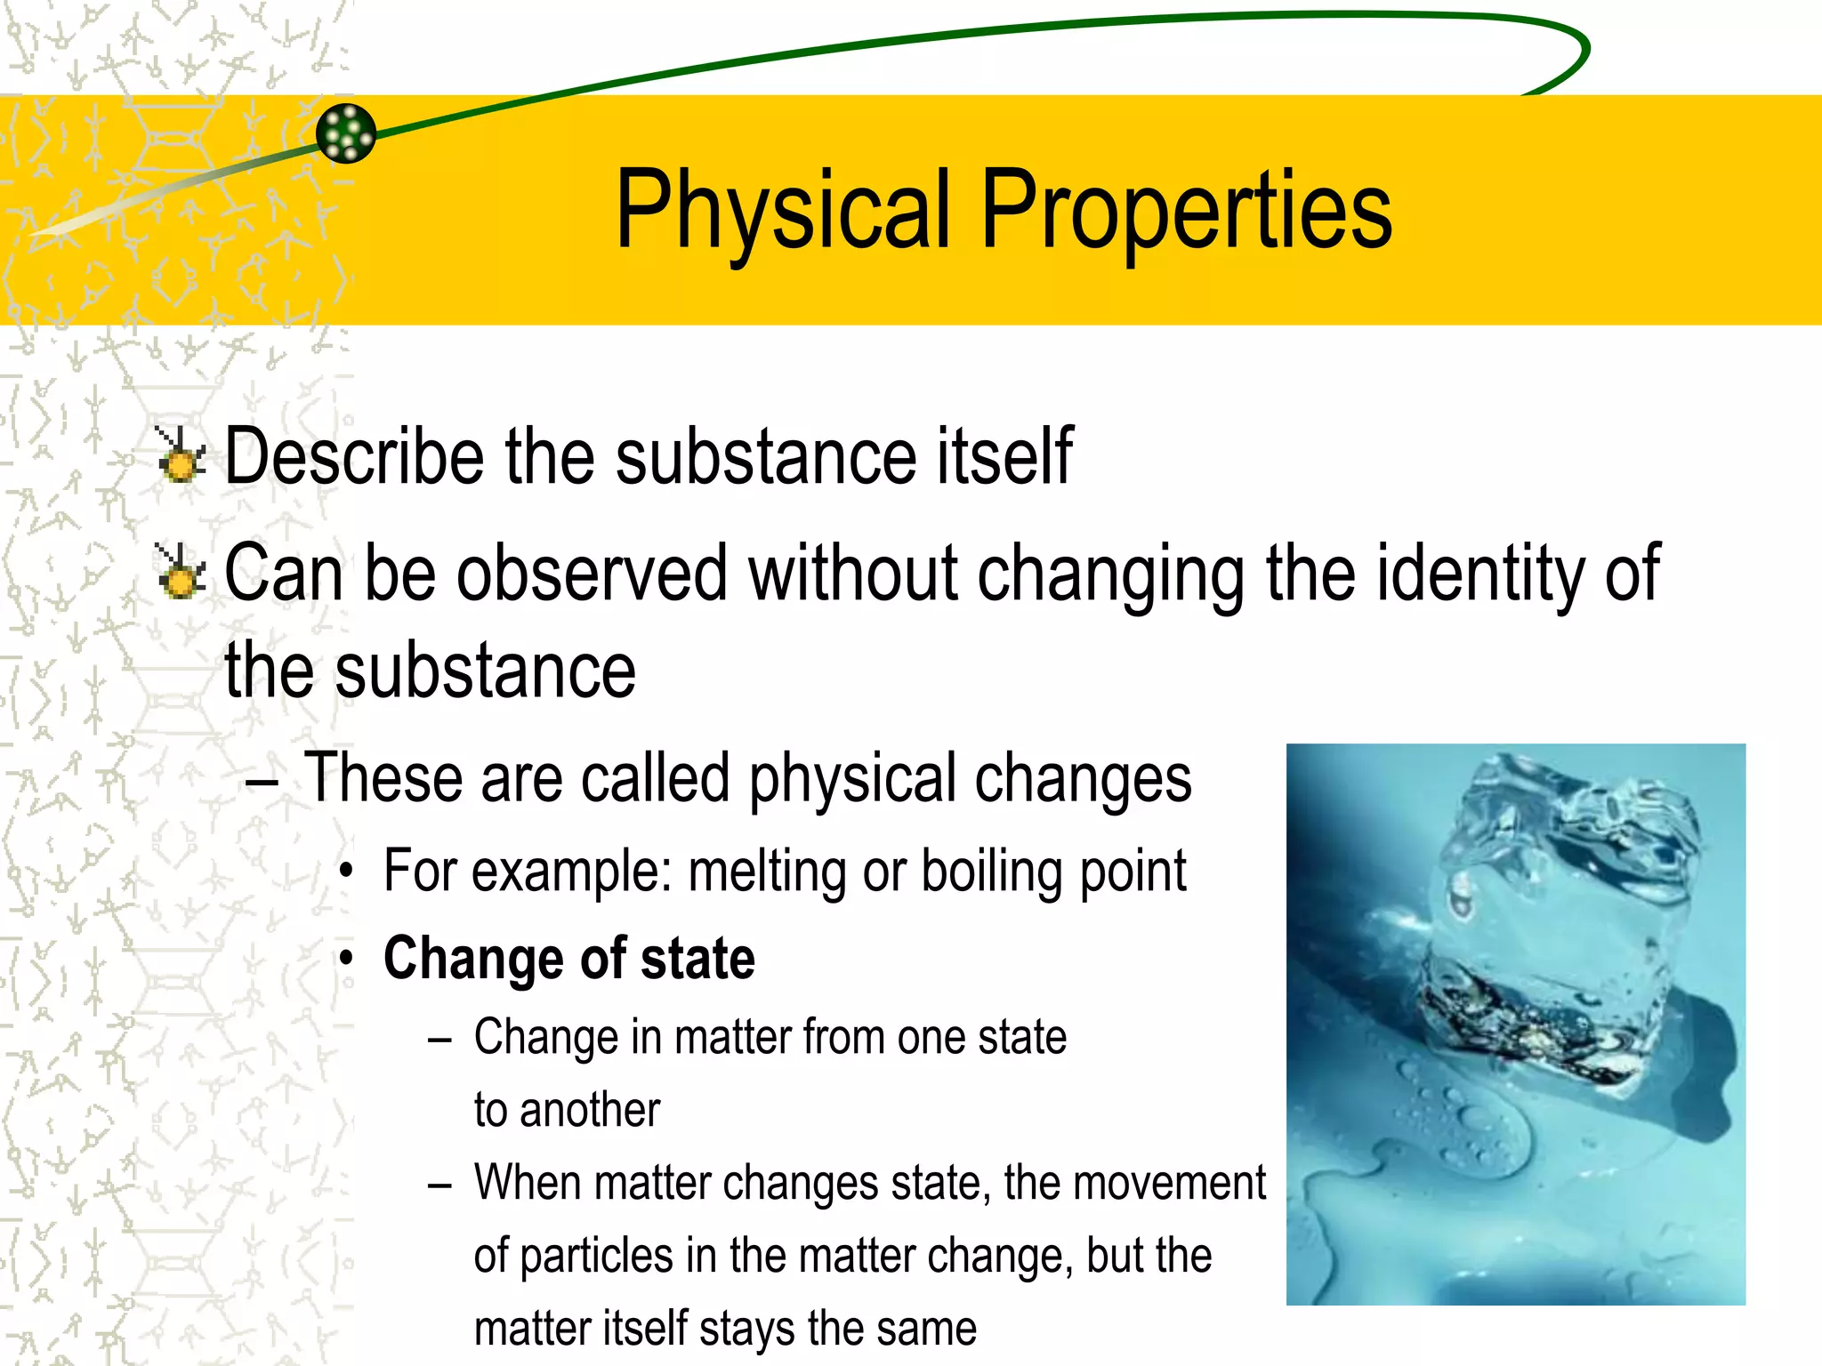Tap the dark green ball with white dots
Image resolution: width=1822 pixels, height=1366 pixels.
point(346,133)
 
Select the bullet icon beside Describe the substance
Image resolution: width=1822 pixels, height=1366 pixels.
point(181,455)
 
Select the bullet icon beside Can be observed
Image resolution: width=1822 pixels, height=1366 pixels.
point(181,572)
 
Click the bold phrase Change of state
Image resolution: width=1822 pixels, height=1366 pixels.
point(569,959)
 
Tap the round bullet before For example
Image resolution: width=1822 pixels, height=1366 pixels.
point(347,872)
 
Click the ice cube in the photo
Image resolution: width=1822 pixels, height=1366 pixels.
point(1566,925)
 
